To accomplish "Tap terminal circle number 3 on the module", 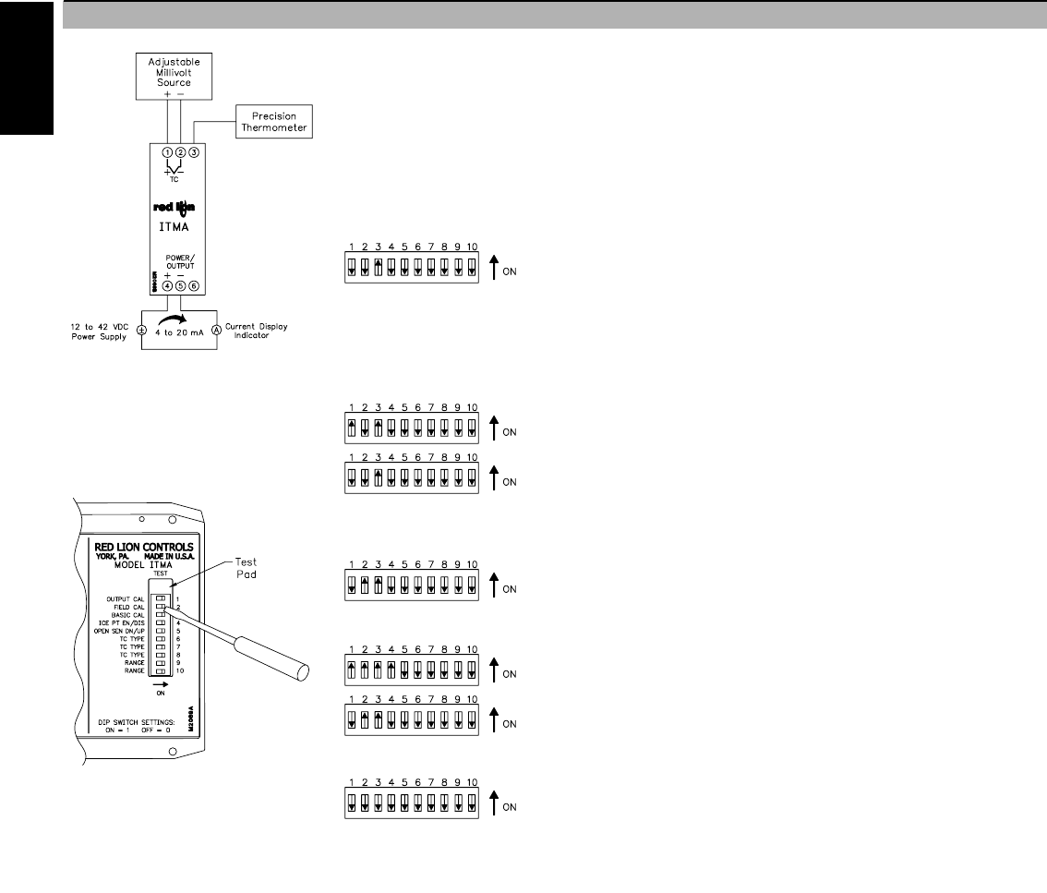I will point(194,151).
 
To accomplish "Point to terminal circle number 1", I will point(167,151).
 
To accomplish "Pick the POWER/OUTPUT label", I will point(181,262).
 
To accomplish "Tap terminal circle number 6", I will point(194,286).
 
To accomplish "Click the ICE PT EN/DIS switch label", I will point(125,623).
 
